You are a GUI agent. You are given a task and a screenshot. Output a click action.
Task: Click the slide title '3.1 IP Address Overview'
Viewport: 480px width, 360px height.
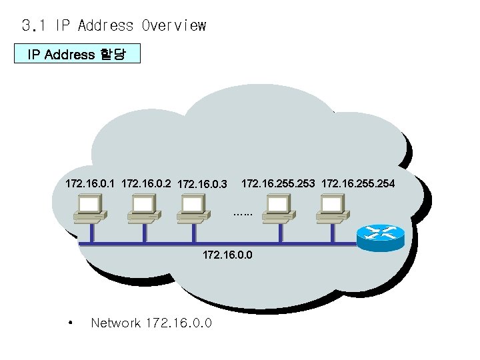pyautogui.click(x=114, y=26)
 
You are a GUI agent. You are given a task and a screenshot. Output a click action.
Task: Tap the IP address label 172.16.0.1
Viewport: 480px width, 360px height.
pyautogui.click(x=91, y=182)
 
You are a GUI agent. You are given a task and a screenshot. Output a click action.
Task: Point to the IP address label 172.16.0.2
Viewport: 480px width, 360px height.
pyautogui.click(x=146, y=182)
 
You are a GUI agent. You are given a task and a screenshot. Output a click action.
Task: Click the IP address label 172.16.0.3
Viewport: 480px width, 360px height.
pyautogui.click(x=203, y=183)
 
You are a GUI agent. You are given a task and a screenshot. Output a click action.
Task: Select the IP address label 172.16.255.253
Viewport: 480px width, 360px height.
pyautogui.click(x=278, y=182)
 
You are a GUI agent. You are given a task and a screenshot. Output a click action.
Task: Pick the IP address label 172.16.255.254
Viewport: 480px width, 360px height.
pyautogui.click(x=358, y=182)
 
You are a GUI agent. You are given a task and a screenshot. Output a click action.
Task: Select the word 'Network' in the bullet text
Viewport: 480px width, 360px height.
pyautogui.click(x=115, y=323)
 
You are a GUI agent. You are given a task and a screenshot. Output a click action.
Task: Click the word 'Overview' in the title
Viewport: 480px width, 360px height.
pyautogui.click(x=174, y=26)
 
